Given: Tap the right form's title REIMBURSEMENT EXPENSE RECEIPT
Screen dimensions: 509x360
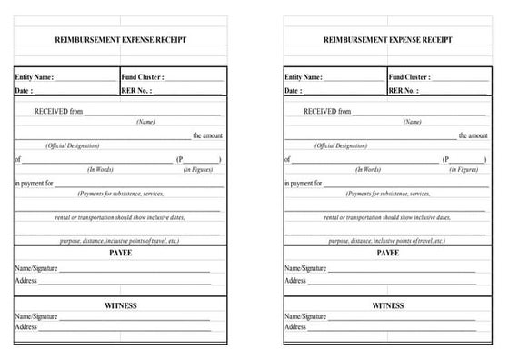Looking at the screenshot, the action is pyautogui.click(x=388, y=41).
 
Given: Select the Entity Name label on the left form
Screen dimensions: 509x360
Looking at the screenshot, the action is pyautogui.click(x=35, y=77).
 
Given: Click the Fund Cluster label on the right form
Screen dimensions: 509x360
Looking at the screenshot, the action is pyautogui.click(x=409, y=77).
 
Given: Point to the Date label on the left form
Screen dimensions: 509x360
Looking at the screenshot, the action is pyautogui.click(x=24, y=91).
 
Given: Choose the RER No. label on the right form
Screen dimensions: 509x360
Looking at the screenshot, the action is pyautogui.click(x=404, y=91).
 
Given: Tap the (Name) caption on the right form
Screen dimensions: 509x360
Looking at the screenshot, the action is pyautogui.click(x=413, y=122).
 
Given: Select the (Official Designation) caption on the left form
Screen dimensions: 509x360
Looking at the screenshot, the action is pyautogui.click(x=73, y=145).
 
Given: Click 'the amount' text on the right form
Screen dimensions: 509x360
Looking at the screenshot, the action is pyautogui.click(x=473, y=135).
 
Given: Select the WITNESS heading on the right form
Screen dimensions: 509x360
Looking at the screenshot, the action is pyautogui.click(x=388, y=305).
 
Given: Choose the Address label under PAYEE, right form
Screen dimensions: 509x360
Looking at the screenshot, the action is pyautogui.click(x=295, y=280).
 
